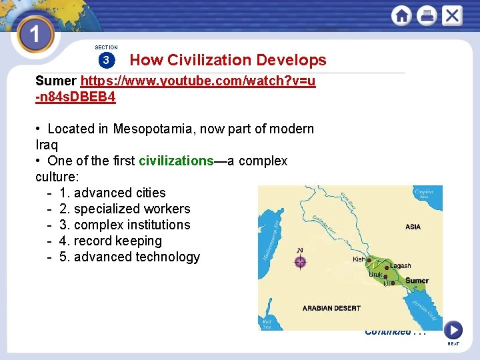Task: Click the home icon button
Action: click(402, 15)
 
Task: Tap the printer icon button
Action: click(427, 15)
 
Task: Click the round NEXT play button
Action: click(453, 329)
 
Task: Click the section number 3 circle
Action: click(106, 61)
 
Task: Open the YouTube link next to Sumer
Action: click(198, 81)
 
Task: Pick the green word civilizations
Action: click(176, 161)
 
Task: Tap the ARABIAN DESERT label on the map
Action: click(331, 308)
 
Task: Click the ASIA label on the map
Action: click(413, 227)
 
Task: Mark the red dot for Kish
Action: click(369, 261)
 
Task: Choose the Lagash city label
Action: click(401, 266)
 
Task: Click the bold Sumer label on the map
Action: click(417, 281)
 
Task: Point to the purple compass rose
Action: click(300, 262)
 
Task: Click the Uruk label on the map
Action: click(376, 275)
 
